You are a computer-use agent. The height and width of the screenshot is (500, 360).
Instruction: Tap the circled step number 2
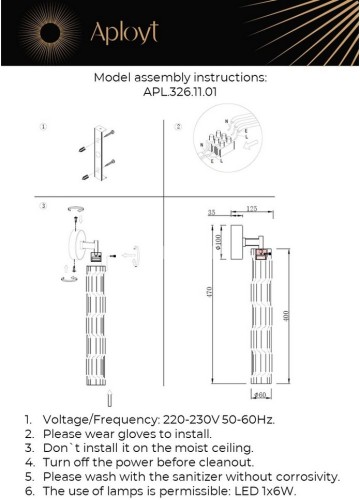point(178,127)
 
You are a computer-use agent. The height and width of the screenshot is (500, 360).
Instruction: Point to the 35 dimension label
point(213,213)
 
